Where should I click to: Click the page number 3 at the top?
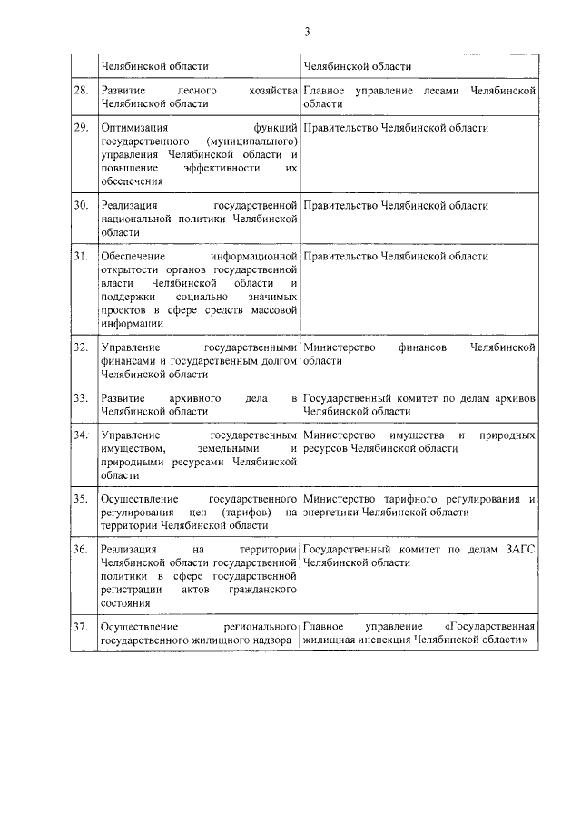pos(307,33)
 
